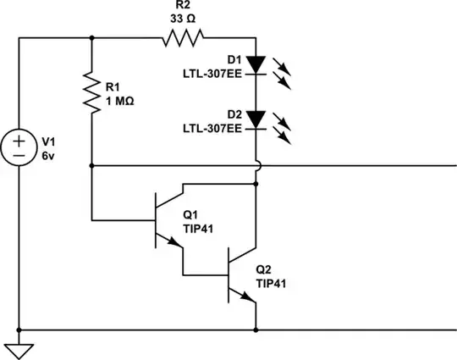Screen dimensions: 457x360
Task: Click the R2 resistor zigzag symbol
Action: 183,37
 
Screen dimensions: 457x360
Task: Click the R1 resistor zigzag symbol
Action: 91,92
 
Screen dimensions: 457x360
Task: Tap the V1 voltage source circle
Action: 19,147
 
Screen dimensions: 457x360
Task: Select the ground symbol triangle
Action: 19,352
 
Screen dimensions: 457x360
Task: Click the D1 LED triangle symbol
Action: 256,64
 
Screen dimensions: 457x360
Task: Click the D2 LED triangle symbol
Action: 256,119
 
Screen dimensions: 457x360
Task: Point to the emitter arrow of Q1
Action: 173,241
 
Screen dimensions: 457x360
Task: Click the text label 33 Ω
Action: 183,19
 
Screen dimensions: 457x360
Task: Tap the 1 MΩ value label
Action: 120,102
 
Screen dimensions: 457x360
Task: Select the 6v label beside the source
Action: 48,156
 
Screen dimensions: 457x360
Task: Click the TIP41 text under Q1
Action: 198,229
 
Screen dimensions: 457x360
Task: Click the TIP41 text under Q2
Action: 271,283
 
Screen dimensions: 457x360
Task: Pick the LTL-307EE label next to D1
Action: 212,74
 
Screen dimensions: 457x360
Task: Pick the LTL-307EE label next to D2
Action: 212,129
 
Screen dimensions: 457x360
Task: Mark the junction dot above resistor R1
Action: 91,37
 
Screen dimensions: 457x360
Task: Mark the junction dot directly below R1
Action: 91,166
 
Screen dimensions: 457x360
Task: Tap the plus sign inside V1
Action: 19,141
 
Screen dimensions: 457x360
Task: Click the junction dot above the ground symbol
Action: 19,330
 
